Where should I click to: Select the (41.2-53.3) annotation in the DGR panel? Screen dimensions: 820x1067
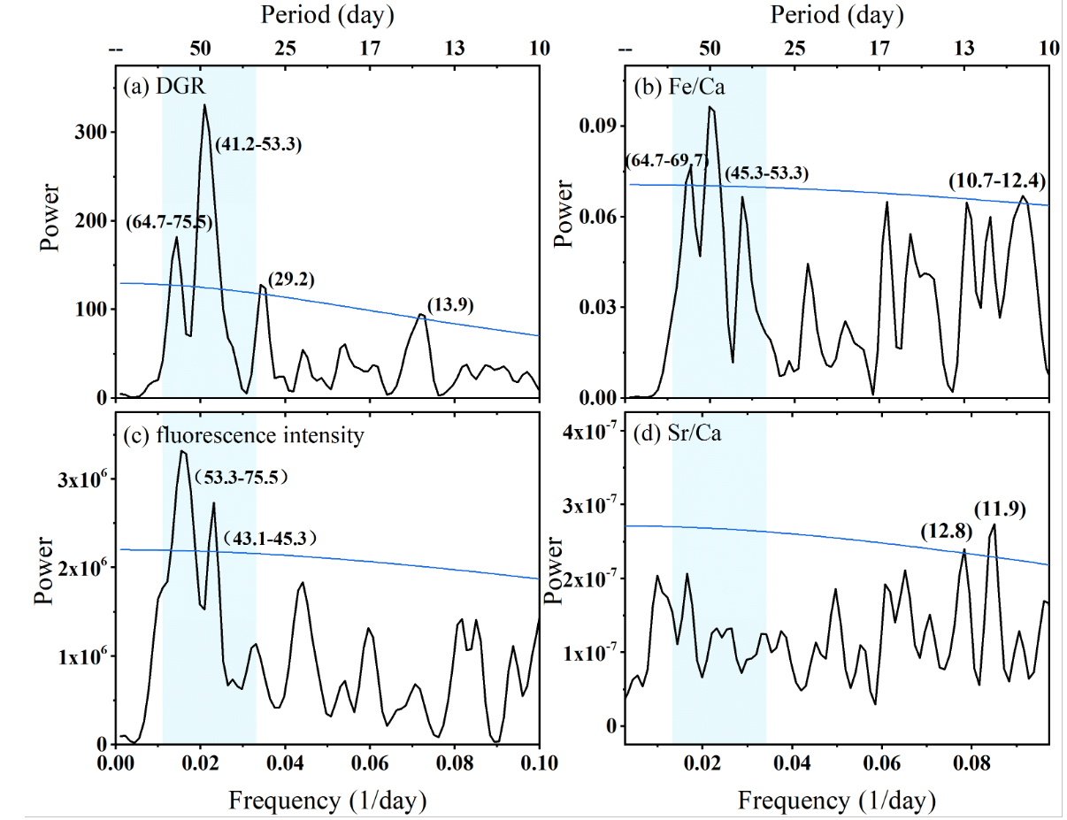(258, 145)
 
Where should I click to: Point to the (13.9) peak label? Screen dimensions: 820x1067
(450, 305)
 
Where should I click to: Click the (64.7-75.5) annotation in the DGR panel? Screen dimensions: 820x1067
(170, 221)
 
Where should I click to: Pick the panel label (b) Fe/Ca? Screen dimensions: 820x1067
(672, 87)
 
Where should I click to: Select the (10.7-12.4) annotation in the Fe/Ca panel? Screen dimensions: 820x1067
(997, 182)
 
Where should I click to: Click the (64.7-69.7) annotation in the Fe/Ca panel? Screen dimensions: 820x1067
(667, 160)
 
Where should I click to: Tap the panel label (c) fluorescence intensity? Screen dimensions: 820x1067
(244, 434)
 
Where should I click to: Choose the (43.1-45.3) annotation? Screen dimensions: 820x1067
(269, 538)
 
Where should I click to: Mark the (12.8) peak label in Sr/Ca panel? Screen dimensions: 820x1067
(945, 532)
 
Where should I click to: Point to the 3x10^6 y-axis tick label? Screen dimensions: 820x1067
(77, 479)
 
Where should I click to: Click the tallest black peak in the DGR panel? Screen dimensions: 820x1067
(204, 105)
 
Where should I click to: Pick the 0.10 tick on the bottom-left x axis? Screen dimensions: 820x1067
(539, 763)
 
